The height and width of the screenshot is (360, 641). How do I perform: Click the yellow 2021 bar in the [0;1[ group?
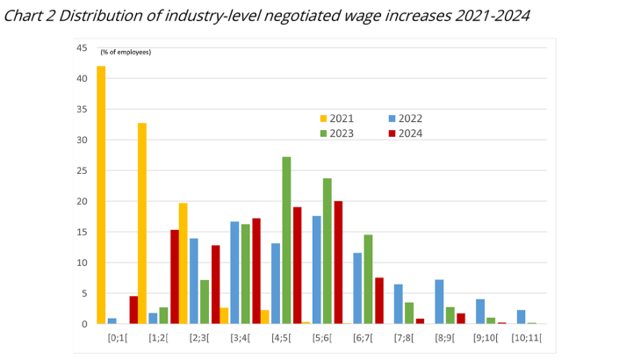(101, 195)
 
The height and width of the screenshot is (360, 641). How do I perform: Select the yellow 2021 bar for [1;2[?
(142, 223)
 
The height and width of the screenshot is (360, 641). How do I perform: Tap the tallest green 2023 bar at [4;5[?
(286, 240)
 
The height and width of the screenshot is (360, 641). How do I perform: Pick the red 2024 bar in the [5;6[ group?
(338, 263)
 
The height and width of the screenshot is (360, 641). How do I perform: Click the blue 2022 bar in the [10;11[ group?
(521, 316)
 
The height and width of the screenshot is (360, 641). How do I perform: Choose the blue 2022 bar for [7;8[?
(399, 304)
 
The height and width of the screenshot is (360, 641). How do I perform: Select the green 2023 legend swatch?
(322, 133)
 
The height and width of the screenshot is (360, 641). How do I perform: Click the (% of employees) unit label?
(126, 52)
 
